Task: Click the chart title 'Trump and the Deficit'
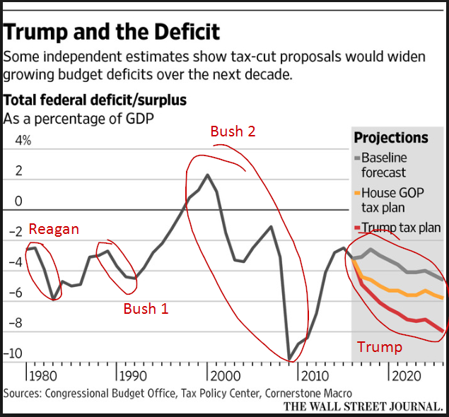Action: tap(112, 32)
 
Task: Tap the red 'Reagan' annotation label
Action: tap(54, 229)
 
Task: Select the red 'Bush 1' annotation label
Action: tap(146, 308)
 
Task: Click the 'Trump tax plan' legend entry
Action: tap(397, 228)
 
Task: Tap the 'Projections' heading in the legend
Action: tap(391, 138)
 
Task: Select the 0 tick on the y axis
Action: tap(19, 201)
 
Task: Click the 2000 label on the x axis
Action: tap(227, 375)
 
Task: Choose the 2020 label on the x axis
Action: tap(410, 375)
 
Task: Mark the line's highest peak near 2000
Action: tap(207, 175)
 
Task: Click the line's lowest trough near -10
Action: tap(289, 359)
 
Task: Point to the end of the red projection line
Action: tap(444, 331)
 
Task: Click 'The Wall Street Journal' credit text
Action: tap(363, 407)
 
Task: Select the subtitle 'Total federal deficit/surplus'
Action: tap(95, 100)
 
